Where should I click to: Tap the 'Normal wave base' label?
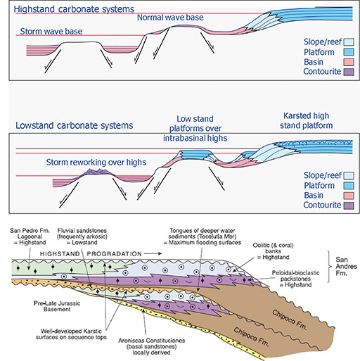171,18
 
